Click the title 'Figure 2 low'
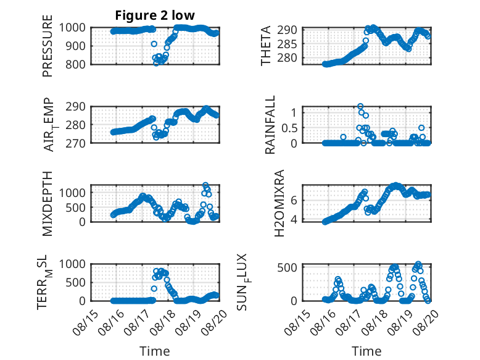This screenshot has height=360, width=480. coord(155,15)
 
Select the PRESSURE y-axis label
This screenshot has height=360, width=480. coord(48,46)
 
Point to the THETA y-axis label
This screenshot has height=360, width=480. coord(266,46)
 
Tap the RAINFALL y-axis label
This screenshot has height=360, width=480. coord(270,125)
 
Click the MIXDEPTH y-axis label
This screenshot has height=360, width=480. coord(48,204)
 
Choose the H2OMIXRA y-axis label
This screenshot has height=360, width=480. coord(279,203)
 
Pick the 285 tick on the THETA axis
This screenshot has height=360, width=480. coord(287,44)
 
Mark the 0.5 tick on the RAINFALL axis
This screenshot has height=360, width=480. coord(289,128)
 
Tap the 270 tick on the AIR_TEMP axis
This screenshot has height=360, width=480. coord(75,143)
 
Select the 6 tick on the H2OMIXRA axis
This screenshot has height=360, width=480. coord(294,200)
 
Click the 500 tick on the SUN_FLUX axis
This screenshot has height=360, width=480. coord(287,268)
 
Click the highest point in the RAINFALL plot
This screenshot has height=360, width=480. coord(360,106)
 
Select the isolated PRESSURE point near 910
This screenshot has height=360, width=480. coord(154,44)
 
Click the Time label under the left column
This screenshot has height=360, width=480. coord(155,351)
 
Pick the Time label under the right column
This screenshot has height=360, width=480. coord(366,351)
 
